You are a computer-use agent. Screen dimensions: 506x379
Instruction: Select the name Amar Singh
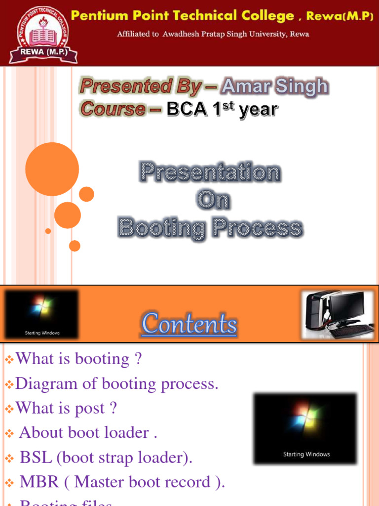(x=275, y=86)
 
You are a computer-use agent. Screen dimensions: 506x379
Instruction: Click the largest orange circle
(x=52, y=169)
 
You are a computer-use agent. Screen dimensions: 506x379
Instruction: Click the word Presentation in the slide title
(x=210, y=172)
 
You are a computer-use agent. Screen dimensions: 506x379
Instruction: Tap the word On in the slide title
(x=213, y=200)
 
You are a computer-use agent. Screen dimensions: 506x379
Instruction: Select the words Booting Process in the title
(x=210, y=228)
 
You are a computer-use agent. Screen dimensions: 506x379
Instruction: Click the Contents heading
(x=189, y=324)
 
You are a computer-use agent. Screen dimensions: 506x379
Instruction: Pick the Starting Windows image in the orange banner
(x=42, y=314)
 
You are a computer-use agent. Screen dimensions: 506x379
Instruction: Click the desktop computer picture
(x=338, y=314)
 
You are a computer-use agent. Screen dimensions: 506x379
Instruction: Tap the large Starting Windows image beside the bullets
(x=305, y=428)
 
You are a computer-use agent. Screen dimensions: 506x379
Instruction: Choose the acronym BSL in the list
(x=36, y=458)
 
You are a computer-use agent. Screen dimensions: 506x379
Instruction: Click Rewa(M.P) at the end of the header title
(x=340, y=16)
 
